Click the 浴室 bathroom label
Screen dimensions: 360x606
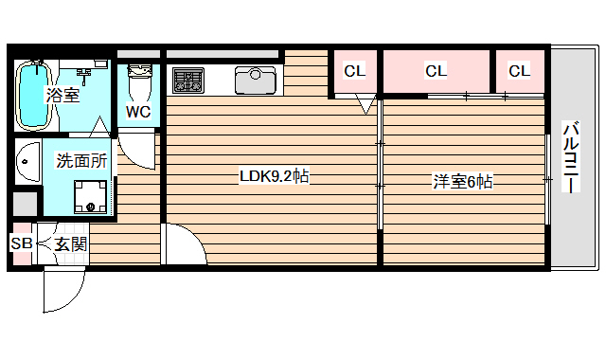[x=63, y=95]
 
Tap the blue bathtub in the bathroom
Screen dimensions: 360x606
[x=33, y=95]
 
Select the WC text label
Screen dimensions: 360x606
[x=138, y=111]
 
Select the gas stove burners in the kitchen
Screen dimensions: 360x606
[x=187, y=80]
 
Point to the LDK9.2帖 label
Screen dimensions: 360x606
[x=274, y=176]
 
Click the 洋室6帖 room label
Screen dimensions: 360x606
[x=463, y=181]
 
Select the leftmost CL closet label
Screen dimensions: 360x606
[x=354, y=70]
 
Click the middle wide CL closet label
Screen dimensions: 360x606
[x=436, y=70]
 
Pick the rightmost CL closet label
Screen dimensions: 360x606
[x=519, y=70]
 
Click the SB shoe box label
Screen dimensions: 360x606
[x=21, y=243]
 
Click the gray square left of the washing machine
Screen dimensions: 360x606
[x=25, y=205]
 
